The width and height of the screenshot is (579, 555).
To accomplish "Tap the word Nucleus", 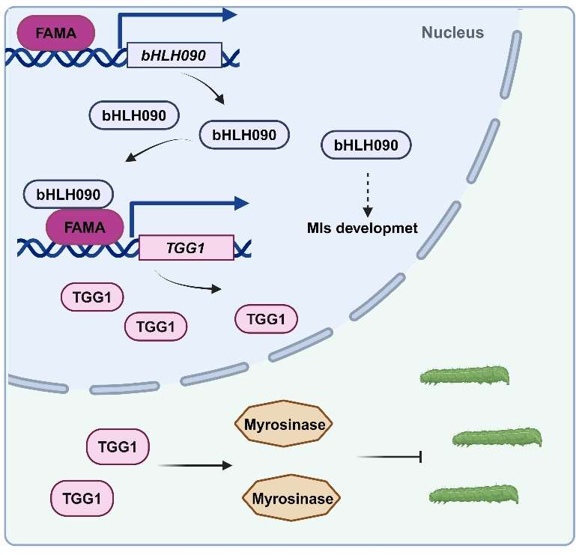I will [452, 32].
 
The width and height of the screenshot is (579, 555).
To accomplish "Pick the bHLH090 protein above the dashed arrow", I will [366, 144].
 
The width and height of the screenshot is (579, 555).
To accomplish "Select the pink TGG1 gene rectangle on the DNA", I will [186, 247].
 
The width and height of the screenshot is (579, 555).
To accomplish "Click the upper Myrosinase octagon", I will [284, 426].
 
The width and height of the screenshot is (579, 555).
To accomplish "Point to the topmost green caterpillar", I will [464, 375].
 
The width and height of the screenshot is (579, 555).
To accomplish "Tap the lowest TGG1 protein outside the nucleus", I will [82, 497].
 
